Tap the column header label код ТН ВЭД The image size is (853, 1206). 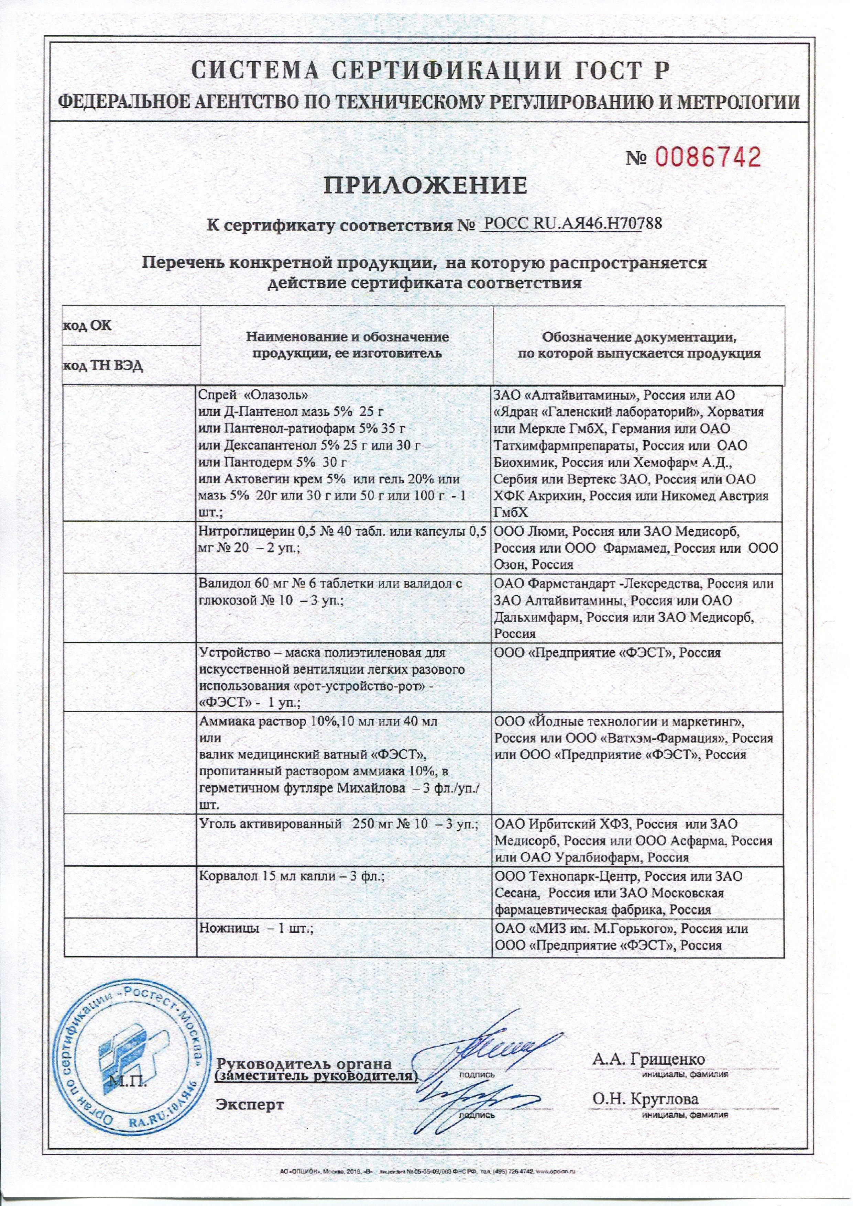[x=102, y=366]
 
